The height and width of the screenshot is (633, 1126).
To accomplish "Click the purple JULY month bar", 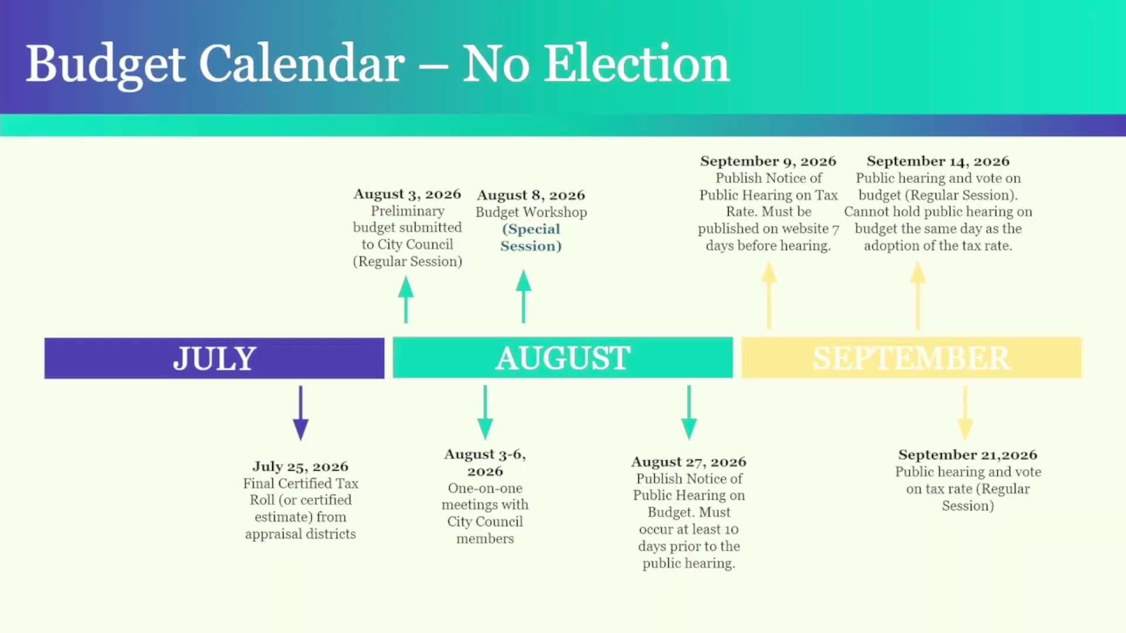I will tap(214, 358).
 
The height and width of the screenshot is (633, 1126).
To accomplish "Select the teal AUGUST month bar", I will tap(562, 358).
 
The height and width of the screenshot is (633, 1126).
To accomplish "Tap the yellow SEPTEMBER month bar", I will tap(911, 358).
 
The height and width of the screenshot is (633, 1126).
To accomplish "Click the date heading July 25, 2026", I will tap(300, 467).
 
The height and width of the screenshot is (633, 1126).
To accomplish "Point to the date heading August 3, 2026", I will tap(407, 194).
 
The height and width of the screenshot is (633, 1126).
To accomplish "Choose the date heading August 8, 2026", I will tap(531, 195).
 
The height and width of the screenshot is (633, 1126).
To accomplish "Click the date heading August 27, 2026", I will tap(689, 462).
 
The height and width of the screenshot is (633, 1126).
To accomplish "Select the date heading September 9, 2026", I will tap(768, 161).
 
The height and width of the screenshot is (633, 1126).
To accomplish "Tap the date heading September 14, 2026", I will tap(938, 161).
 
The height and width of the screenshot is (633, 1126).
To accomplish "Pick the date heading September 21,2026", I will tap(968, 455).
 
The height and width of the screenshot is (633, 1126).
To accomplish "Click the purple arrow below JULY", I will tap(301, 413).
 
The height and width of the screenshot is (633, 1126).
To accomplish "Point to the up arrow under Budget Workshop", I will tap(524, 296).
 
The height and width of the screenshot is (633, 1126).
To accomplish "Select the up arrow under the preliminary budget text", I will tap(406, 299).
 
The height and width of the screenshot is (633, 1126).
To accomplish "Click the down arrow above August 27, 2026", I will tap(689, 413).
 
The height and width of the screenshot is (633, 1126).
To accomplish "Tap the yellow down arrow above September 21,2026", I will tap(965, 413).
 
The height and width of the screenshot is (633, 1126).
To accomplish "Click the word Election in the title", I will tap(637, 63).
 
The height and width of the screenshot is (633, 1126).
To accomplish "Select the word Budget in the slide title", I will tap(106, 64).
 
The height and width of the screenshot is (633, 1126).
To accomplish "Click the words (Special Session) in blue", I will tap(531, 237).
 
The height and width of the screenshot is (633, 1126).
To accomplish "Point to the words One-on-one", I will tap(484, 488).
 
